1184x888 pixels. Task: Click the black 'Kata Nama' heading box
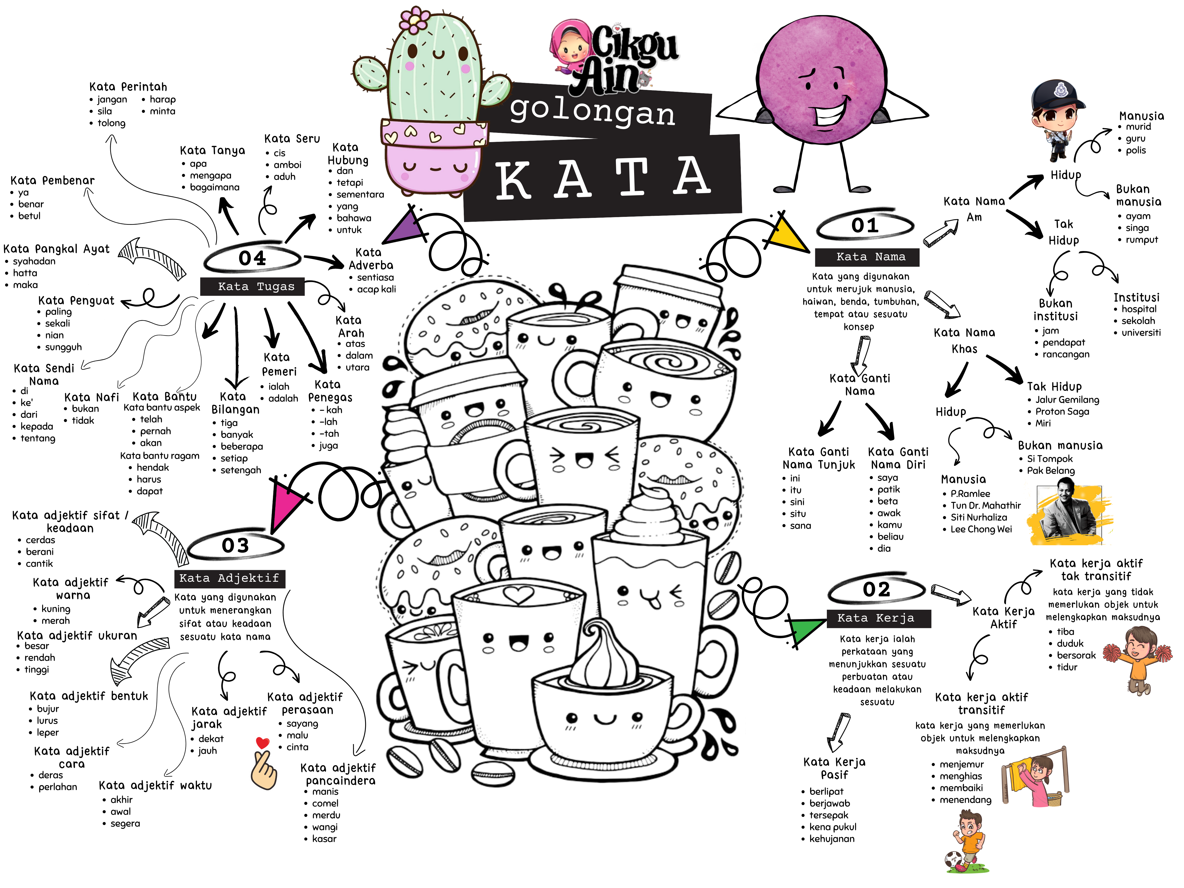867,257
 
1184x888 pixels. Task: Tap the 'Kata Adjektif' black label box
230,578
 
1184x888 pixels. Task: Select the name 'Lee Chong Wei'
981,529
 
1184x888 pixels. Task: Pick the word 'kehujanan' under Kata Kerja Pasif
832,839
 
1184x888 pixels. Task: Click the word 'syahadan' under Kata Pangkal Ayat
34,261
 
